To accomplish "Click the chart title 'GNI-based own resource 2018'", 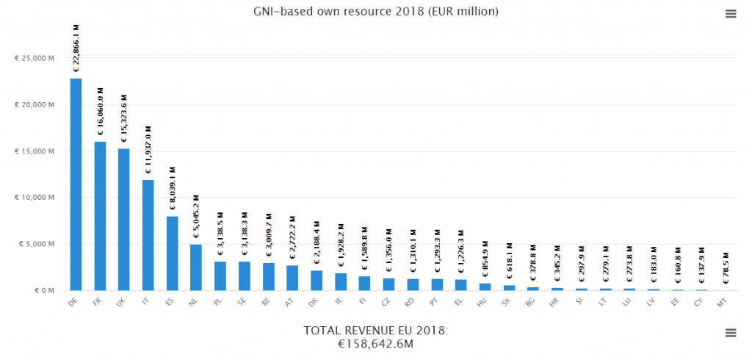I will click(375, 11).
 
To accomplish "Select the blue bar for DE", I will click(76, 184).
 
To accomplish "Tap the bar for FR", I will click(100, 216).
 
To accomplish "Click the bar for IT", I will click(148, 235).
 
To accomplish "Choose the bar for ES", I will click(172, 253).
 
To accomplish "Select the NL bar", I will click(196, 267).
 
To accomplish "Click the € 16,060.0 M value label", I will click(101, 111).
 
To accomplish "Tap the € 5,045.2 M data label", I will click(197, 217).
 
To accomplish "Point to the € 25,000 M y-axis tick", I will click(35, 59).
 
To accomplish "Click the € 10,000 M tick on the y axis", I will click(35, 198).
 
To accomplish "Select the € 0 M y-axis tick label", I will click(44, 290).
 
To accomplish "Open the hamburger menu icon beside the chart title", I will click(730, 14).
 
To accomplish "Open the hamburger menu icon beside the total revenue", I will click(730, 333).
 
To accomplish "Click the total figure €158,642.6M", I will click(375, 343).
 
